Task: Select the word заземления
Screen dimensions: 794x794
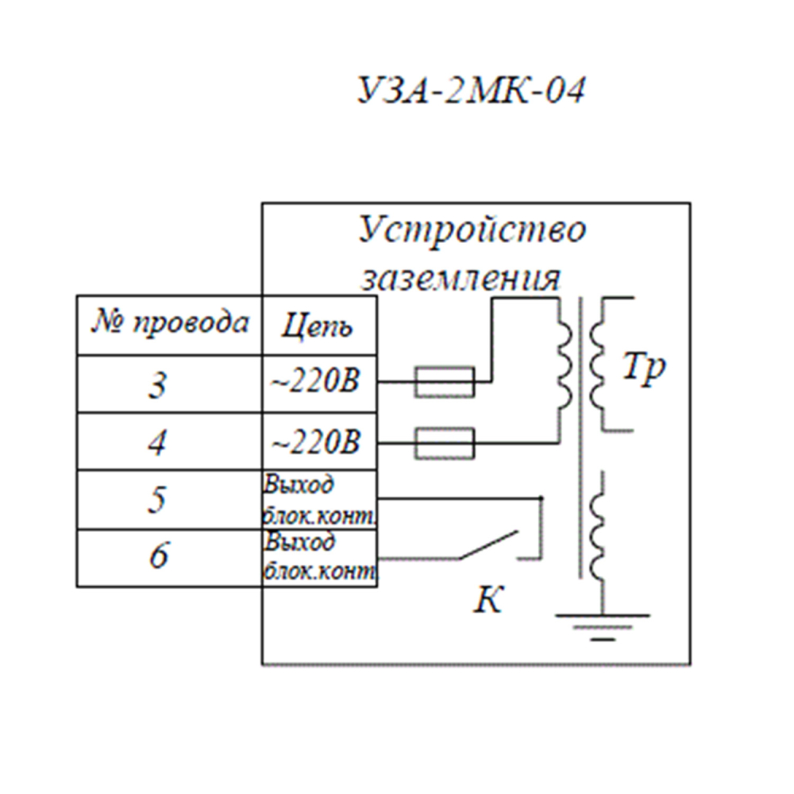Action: [461, 279]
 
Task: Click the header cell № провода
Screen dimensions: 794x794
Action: [170, 324]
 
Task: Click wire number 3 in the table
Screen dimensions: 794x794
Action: [158, 385]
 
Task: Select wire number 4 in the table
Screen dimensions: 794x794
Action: [159, 442]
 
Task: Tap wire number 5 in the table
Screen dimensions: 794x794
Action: [157, 500]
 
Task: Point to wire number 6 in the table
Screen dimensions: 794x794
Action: [159, 556]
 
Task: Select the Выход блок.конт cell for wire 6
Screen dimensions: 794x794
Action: [319, 557]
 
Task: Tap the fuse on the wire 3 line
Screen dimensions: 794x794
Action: [445, 382]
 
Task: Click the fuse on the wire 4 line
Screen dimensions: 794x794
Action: [445, 444]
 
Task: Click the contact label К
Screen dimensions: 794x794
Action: [488, 601]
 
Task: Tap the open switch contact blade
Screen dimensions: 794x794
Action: [488, 544]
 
